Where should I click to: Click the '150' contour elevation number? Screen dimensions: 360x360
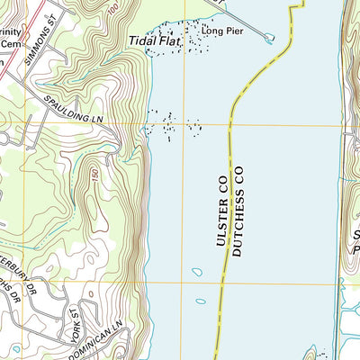coord(93,173)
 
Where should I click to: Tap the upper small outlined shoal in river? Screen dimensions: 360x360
coord(196,270)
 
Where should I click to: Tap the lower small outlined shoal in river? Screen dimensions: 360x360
coord(200,301)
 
